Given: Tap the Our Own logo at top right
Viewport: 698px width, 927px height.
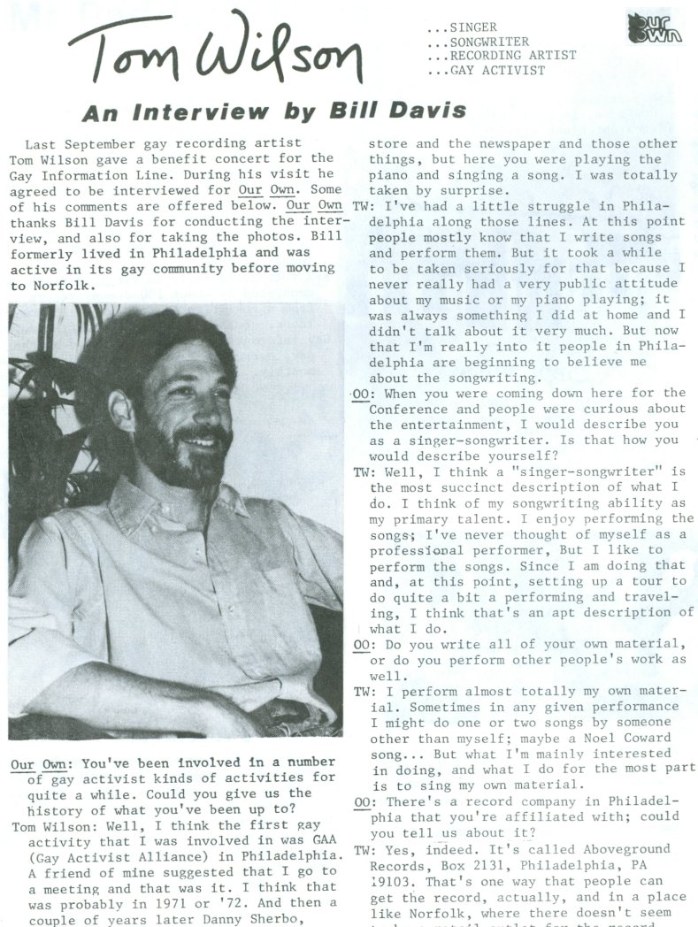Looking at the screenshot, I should pyautogui.click(x=654, y=28).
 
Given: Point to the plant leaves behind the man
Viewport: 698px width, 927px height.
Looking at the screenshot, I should pyautogui.click(x=44, y=372).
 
